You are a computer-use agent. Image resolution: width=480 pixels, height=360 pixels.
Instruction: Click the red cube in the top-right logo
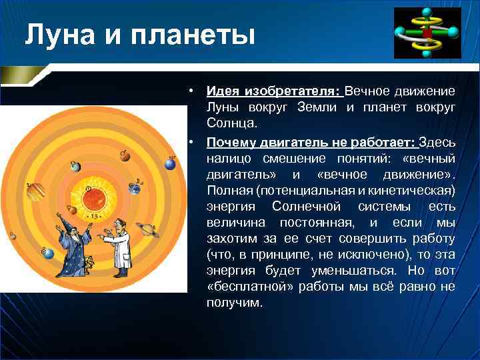point(426,32)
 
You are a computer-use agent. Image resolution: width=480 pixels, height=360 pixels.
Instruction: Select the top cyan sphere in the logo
point(426,13)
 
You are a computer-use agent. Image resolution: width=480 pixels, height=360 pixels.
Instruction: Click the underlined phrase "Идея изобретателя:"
point(273,91)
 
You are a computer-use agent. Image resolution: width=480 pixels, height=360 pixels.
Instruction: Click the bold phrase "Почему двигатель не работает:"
point(311,142)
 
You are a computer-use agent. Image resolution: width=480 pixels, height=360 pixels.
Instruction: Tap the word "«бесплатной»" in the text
point(244,286)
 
